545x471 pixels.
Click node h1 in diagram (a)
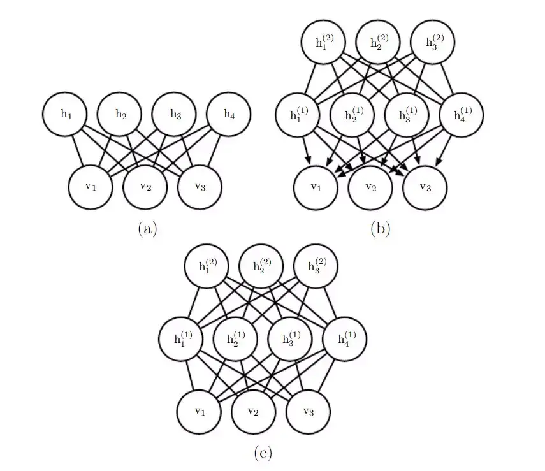66,115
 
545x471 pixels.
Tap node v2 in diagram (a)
146,187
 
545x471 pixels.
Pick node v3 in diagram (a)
200,187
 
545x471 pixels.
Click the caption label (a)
147,228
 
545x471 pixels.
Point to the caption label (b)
380,228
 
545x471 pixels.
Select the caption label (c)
263,453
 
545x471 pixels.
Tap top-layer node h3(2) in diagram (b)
434,43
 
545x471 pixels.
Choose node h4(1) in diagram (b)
461,115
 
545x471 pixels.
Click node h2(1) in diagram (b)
352,115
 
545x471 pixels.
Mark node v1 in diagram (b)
316,187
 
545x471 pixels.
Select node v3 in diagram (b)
425,187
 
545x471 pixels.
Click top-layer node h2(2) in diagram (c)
261,266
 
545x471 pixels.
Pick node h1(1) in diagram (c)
180,339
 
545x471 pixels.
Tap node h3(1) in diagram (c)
289,339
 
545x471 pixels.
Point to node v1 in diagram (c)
200,411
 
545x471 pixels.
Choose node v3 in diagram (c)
309,411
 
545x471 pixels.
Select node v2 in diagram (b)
370,187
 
